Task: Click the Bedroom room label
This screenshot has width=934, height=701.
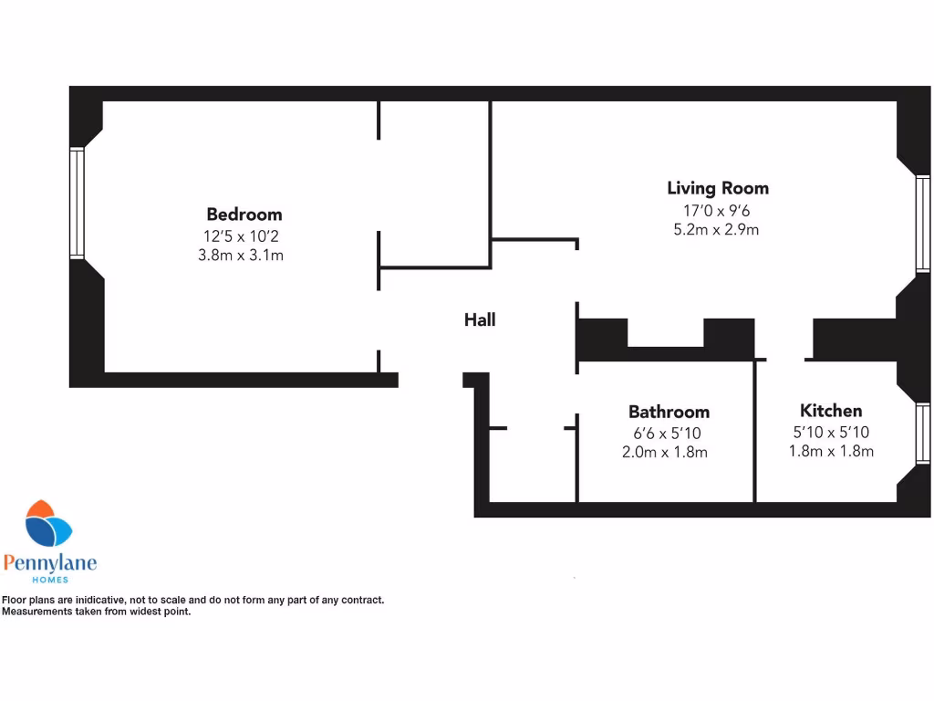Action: pyautogui.click(x=244, y=214)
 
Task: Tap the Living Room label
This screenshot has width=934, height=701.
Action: pyautogui.click(x=717, y=189)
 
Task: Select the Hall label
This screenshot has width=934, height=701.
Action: pyautogui.click(x=480, y=319)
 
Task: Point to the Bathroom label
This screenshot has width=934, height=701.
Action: pyautogui.click(x=669, y=412)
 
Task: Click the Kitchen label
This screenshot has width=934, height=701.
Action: pyautogui.click(x=830, y=411)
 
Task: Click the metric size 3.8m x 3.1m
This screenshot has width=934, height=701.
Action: pyautogui.click(x=241, y=256)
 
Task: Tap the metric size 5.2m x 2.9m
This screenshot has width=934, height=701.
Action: pyautogui.click(x=716, y=230)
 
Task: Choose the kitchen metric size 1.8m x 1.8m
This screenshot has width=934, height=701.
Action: pyautogui.click(x=831, y=451)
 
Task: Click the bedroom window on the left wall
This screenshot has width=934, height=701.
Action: pyautogui.click(x=77, y=204)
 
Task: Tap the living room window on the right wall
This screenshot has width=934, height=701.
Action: pyautogui.click(x=923, y=224)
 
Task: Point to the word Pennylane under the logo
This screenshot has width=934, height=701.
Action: pyautogui.click(x=49, y=562)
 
